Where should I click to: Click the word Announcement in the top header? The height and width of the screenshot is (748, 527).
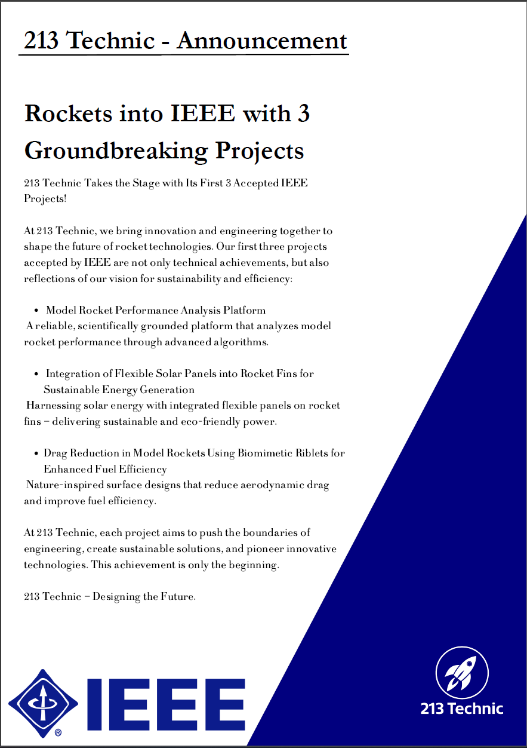[x=261, y=41]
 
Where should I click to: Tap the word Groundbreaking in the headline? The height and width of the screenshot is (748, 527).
[x=116, y=151]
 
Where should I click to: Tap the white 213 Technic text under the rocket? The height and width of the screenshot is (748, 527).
[x=462, y=709]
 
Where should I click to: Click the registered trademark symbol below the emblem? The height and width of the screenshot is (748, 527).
[x=58, y=732]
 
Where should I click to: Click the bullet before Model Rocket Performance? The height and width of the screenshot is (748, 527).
[x=36, y=310]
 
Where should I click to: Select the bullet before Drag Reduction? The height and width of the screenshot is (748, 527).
[x=36, y=453]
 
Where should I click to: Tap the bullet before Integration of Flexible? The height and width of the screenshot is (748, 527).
[x=36, y=374]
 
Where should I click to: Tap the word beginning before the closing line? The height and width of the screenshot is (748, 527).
[x=253, y=565]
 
